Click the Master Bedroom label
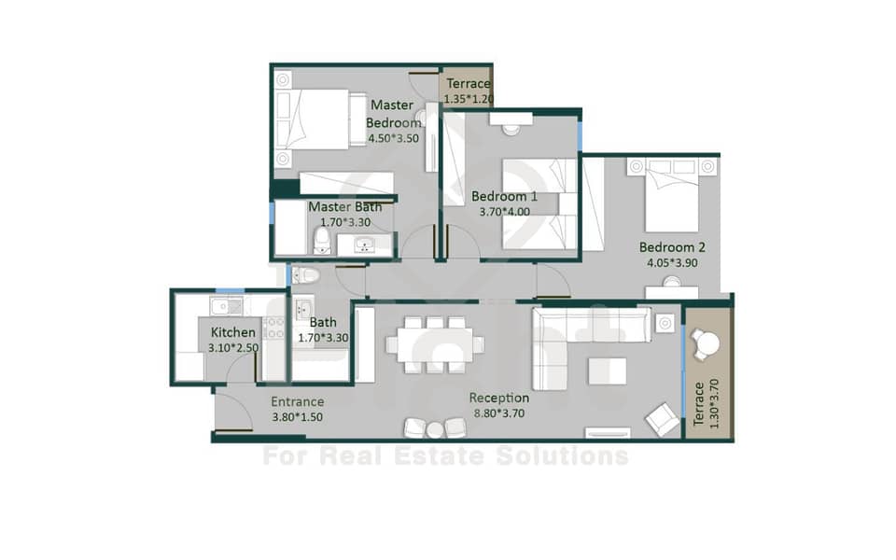click(x=393, y=114)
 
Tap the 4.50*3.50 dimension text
click(x=393, y=138)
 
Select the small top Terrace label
click(x=469, y=83)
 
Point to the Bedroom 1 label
click(x=504, y=197)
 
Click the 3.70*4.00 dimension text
click(x=504, y=212)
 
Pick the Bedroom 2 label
click(x=672, y=247)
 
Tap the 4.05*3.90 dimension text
click(x=672, y=263)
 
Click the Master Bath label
click(x=345, y=207)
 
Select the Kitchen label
click(x=233, y=332)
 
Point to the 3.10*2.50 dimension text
click(x=233, y=348)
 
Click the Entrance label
click(x=297, y=401)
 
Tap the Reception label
click(x=498, y=398)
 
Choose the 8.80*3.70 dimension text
click(x=498, y=413)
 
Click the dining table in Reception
click(x=435, y=345)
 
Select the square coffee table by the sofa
click(x=607, y=371)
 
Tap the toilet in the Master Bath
click(x=322, y=242)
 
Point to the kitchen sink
click(x=220, y=306)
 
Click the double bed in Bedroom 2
click(x=671, y=194)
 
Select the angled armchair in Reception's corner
click(x=663, y=419)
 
